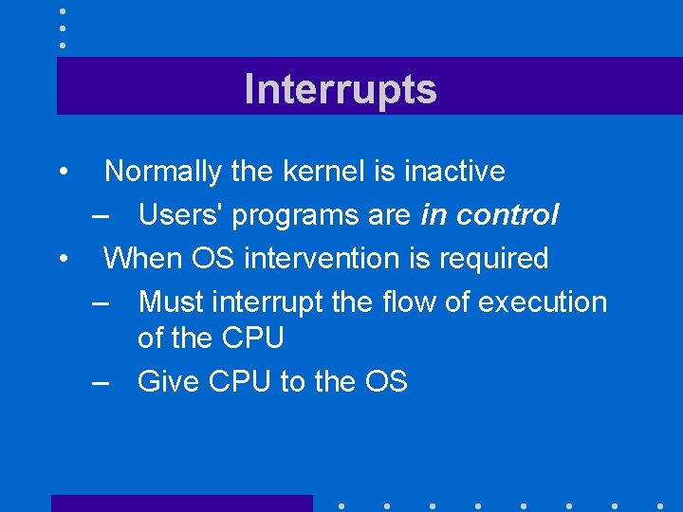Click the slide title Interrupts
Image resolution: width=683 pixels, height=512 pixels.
341,89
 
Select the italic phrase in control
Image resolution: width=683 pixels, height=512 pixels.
489,215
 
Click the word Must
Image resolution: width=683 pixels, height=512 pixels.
172,302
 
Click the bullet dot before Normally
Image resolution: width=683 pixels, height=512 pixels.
62,173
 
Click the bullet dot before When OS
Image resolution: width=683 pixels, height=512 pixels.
62,259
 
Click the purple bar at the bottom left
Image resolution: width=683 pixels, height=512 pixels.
181,503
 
